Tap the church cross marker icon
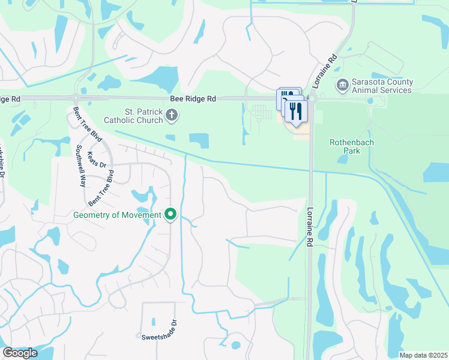[x=172, y=115]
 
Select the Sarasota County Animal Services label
[x=382, y=86]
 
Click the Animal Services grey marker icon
[x=343, y=85]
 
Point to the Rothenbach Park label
[x=345, y=146]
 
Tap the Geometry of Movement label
[x=117, y=215]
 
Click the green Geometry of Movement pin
[x=171, y=214]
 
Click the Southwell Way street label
[x=80, y=166]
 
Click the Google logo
[x=19, y=353]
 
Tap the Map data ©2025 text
[x=423, y=355]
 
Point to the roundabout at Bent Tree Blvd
[x=76, y=98]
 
